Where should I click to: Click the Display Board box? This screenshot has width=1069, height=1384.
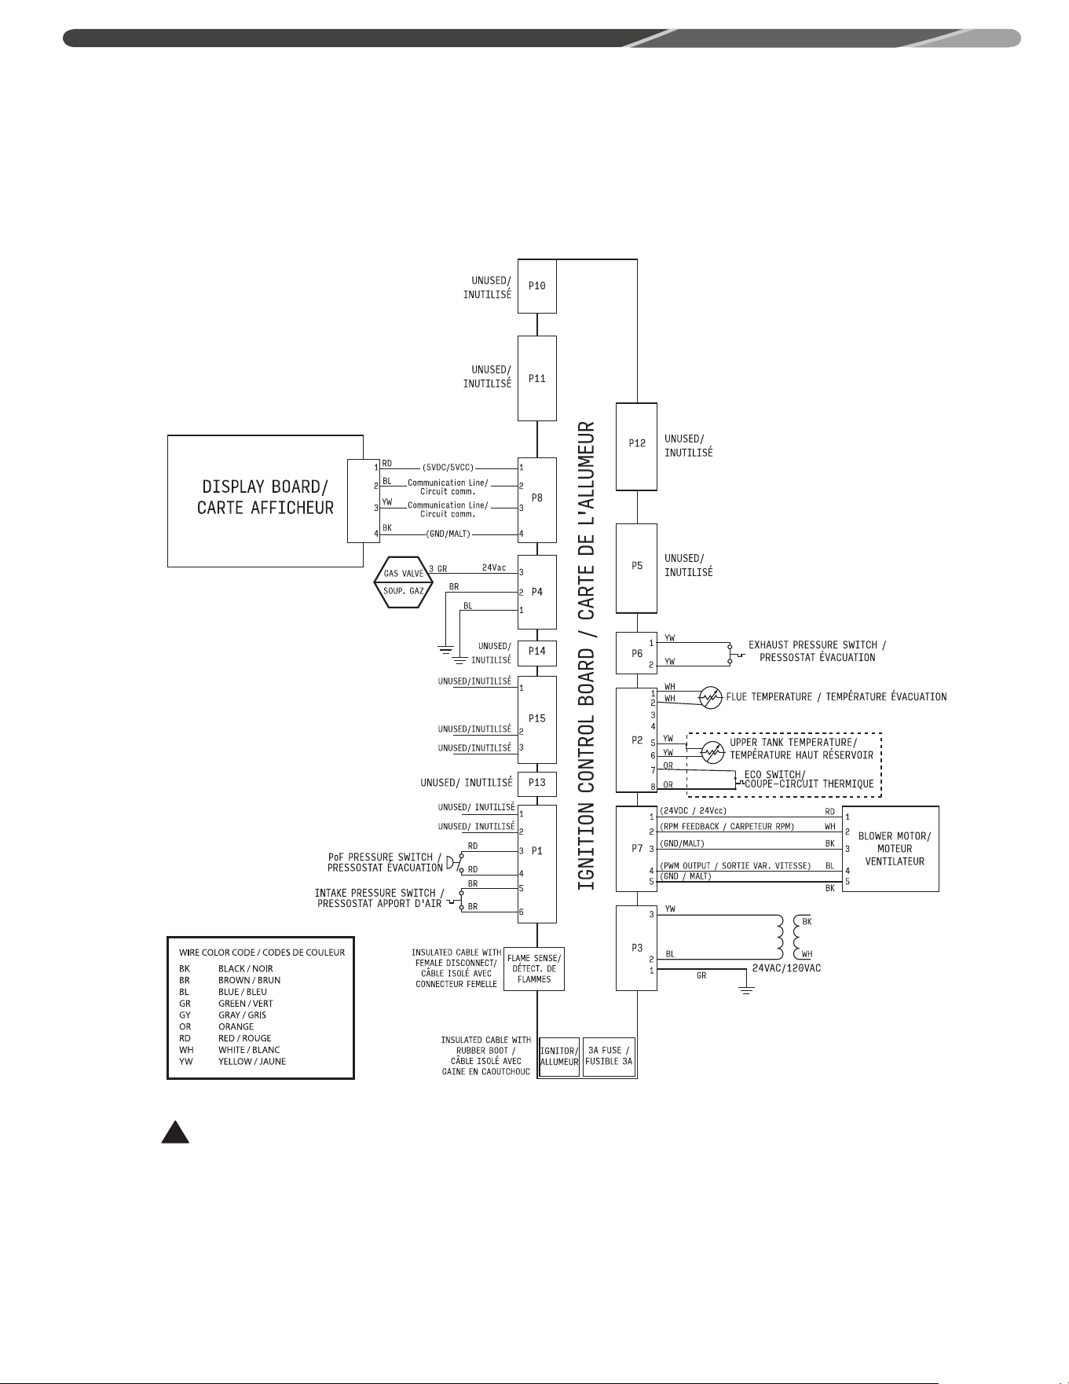coord(265,501)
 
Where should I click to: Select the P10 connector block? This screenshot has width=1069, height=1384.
coord(537,286)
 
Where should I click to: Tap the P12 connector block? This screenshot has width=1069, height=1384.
coord(637,446)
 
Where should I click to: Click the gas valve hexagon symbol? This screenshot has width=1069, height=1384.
coord(403,582)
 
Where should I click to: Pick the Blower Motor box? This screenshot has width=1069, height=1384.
coord(891,849)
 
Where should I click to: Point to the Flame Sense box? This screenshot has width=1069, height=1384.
coord(534,968)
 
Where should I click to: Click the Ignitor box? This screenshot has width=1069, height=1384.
coord(559,1056)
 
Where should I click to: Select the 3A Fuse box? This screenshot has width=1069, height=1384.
coord(609,1056)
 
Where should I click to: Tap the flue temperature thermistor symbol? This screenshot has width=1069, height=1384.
coord(711,697)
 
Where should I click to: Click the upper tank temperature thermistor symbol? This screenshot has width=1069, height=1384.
coord(712,753)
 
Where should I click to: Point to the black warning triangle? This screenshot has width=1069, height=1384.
coord(175,1132)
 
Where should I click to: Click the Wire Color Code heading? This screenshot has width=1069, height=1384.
coord(262,953)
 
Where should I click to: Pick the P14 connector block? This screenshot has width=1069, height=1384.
coord(537,652)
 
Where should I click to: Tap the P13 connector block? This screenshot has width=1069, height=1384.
coord(537,784)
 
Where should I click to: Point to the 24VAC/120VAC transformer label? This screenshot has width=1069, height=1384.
coord(786,968)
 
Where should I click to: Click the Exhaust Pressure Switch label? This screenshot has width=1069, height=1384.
coord(817,652)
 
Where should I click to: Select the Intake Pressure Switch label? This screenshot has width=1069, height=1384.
coord(379,898)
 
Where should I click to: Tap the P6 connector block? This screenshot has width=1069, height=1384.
coord(637,653)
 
